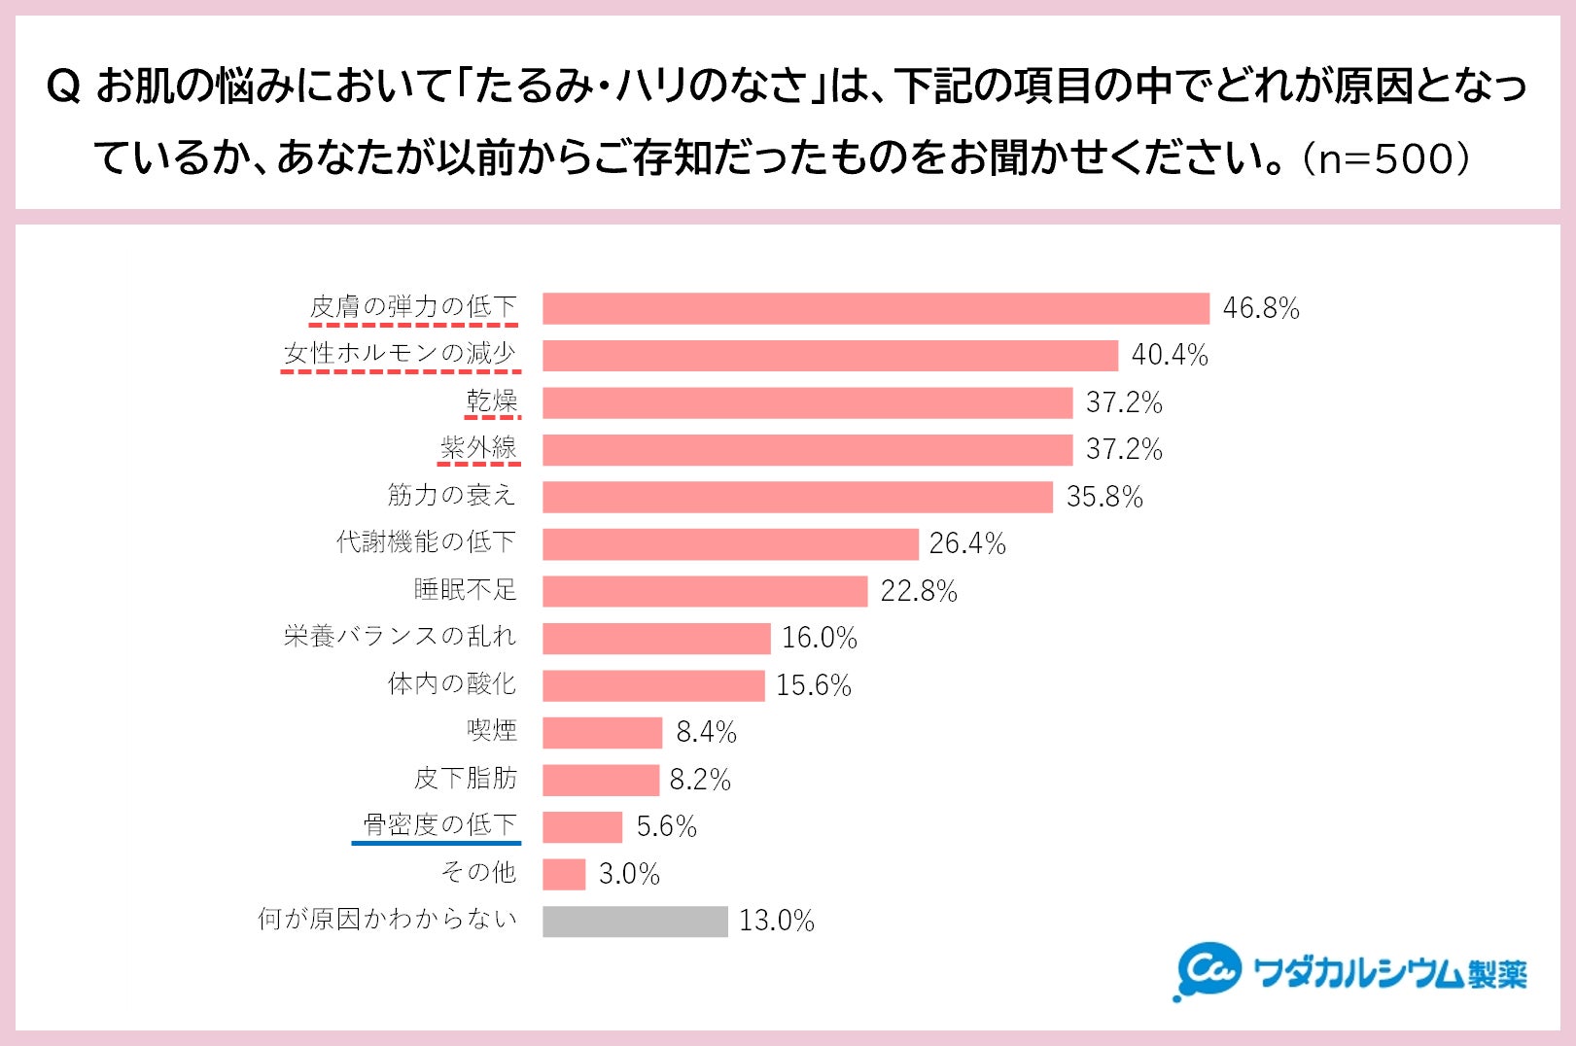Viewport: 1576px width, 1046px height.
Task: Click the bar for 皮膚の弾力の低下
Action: (x=875, y=308)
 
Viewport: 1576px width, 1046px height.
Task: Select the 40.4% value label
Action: (x=1169, y=356)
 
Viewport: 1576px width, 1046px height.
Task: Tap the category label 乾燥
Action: (x=492, y=401)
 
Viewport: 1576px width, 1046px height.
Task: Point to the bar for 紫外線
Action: (x=807, y=450)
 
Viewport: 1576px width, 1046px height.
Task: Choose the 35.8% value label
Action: (x=1104, y=497)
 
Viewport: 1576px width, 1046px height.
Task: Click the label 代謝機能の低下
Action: (x=426, y=542)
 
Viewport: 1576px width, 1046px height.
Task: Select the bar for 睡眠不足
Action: (x=705, y=591)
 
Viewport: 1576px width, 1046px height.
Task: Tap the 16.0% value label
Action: (x=819, y=638)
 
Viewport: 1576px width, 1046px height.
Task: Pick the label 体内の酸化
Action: (x=452, y=684)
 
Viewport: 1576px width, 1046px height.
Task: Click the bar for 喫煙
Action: (x=602, y=732)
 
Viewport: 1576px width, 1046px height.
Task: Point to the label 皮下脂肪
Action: (x=466, y=779)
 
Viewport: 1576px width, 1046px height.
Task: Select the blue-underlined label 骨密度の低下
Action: (x=439, y=825)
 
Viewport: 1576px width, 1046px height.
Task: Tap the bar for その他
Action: (x=564, y=874)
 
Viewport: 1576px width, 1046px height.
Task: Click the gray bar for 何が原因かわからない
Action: (x=635, y=921)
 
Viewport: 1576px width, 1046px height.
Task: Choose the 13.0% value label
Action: (x=776, y=921)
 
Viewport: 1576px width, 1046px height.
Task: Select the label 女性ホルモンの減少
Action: (x=400, y=354)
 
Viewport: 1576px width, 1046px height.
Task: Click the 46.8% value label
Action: (x=1260, y=308)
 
